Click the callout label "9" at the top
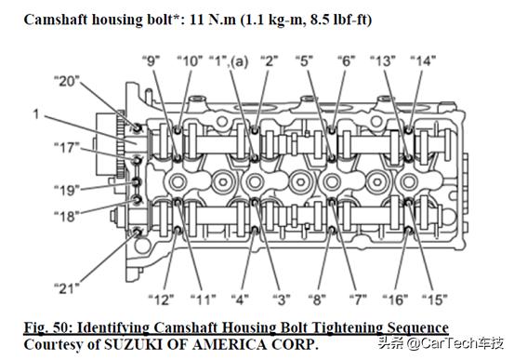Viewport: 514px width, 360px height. tap(151, 61)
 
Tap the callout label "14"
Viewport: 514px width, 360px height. tap(423, 61)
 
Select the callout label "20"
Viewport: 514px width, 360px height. tap(67, 81)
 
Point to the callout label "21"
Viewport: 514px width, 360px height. tap(67, 288)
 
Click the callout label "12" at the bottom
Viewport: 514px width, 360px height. tap(162, 300)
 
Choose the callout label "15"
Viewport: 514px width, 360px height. tap(435, 300)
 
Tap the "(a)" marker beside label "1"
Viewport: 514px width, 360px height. tap(239, 61)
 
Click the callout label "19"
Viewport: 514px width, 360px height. tap(67, 190)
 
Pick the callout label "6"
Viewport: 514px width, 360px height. tap(347, 61)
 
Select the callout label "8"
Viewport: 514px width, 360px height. tap(317, 300)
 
